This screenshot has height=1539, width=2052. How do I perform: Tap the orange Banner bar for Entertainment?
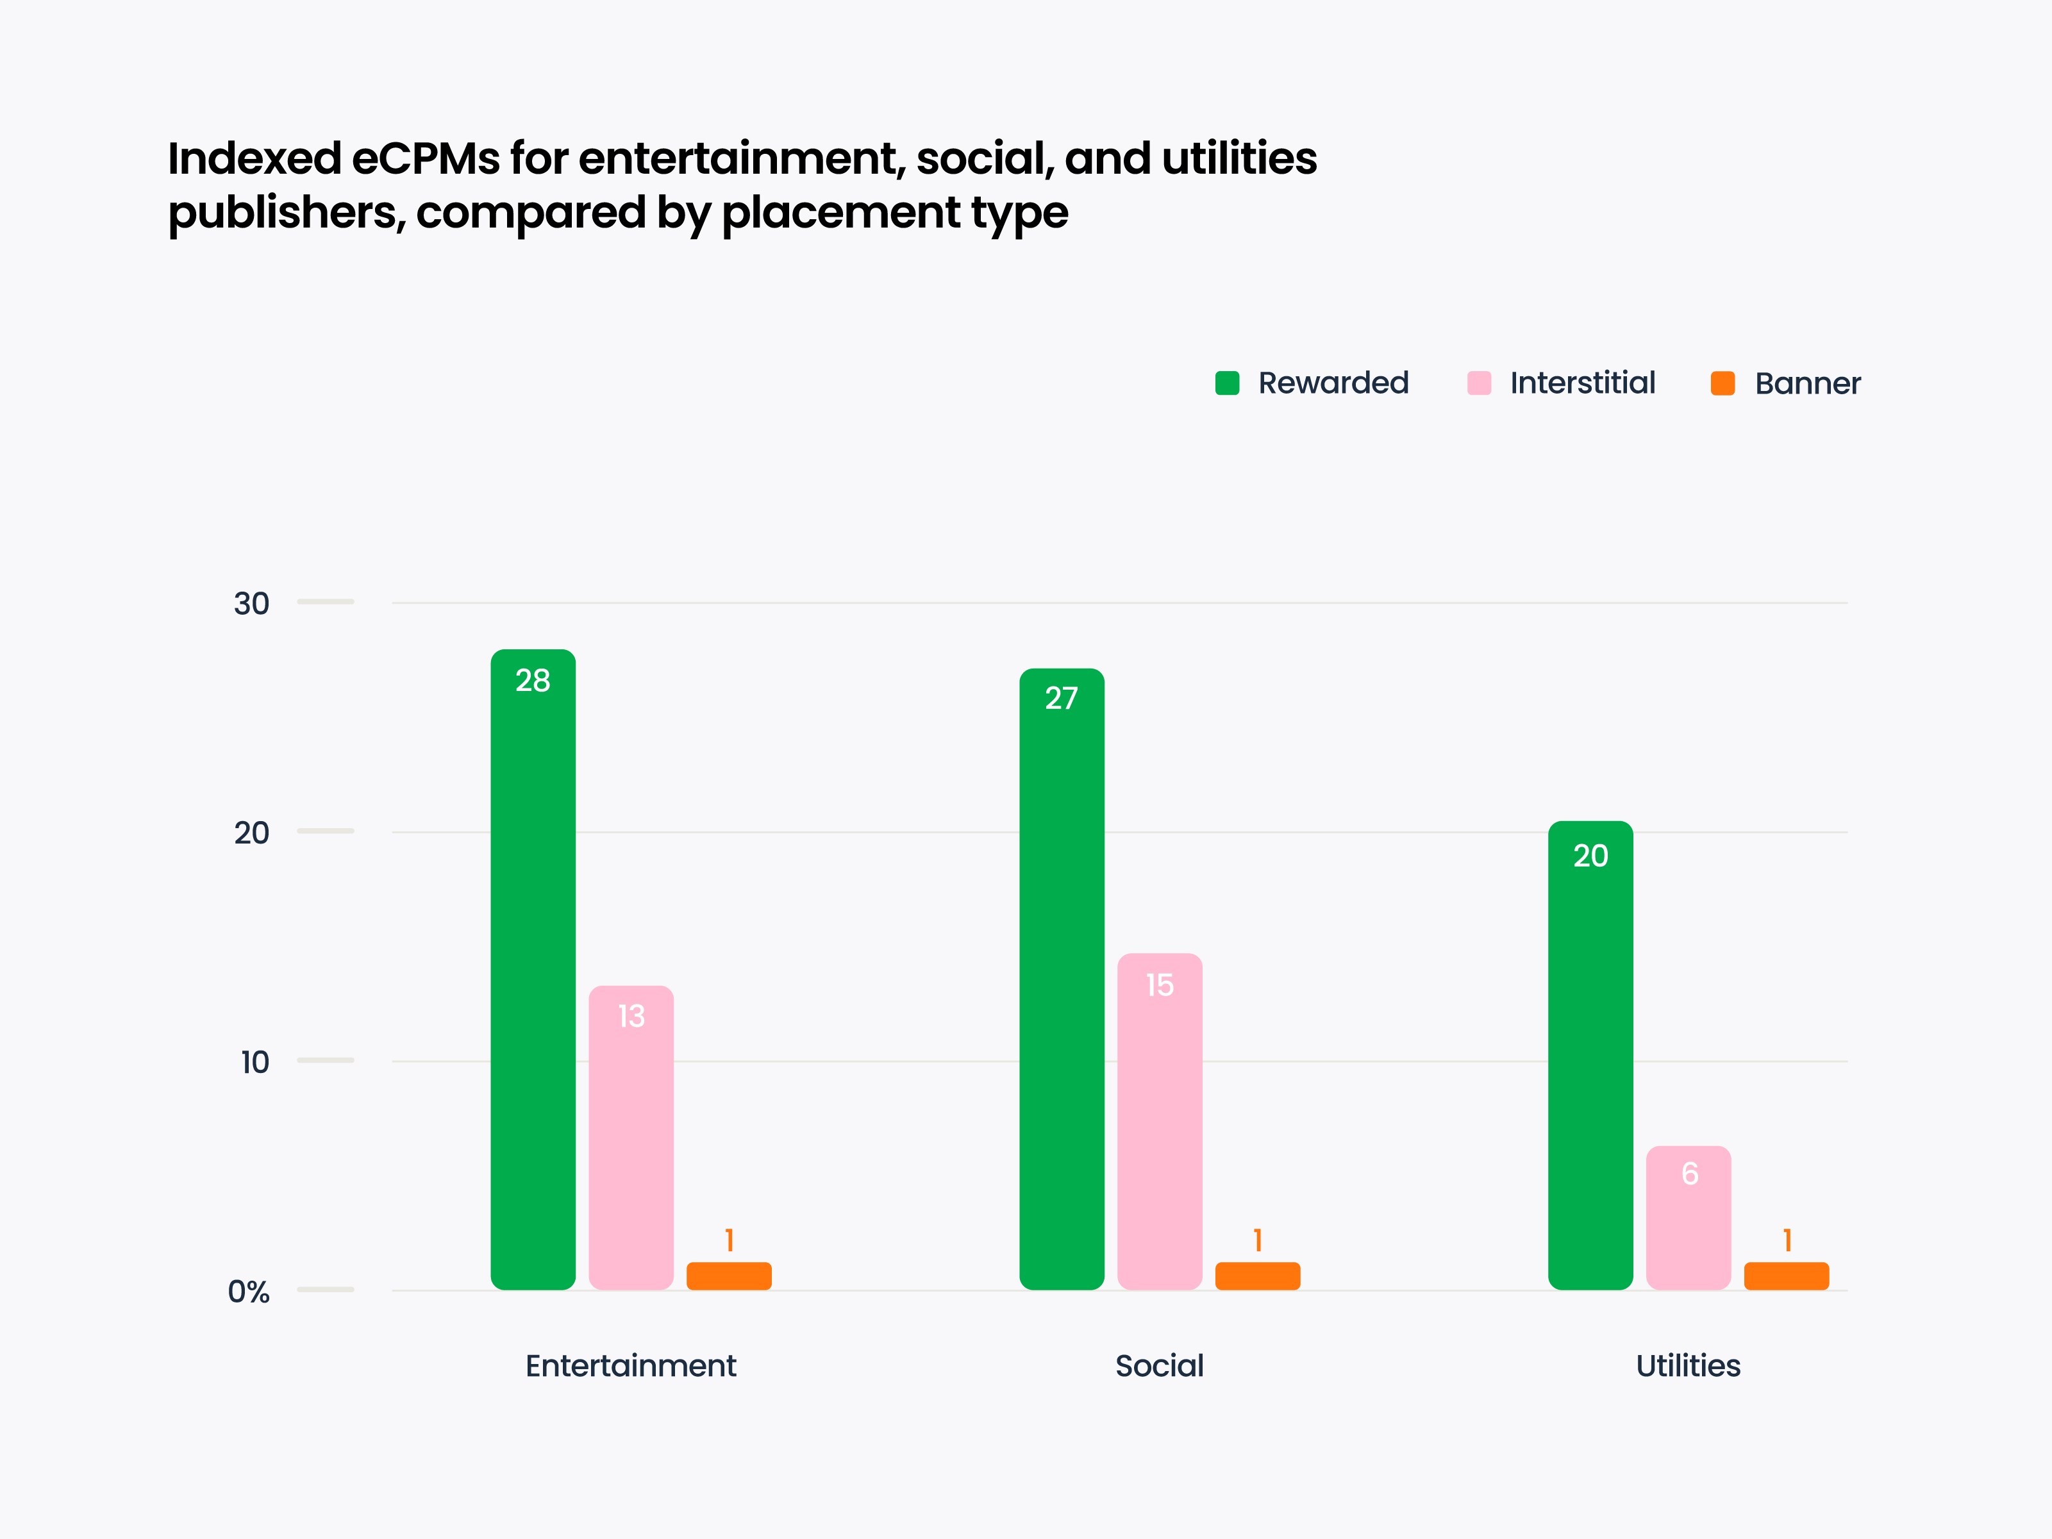tap(728, 1276)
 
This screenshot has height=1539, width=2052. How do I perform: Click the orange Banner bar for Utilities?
tap(1786, 1276)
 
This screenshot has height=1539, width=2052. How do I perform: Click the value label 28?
tap(533, 680)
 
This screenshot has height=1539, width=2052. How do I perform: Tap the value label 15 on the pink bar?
tap(1160, 985)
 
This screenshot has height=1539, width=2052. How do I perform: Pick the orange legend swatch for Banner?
tap(1723, 383)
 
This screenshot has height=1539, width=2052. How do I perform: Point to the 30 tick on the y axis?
tap(251, 604)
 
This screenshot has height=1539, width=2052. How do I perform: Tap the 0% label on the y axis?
tap(249, 1292)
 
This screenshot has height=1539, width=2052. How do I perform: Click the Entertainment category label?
tap(630, 1365)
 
